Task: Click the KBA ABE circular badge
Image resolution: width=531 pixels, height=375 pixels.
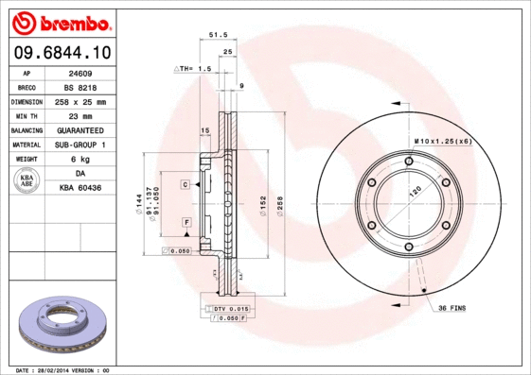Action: click(27, 180)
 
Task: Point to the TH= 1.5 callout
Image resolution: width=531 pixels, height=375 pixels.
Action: click(193, 70)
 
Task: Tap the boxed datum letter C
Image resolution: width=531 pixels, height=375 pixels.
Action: click(186, 184)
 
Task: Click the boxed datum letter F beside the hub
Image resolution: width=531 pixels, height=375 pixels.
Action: click(186, 221)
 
